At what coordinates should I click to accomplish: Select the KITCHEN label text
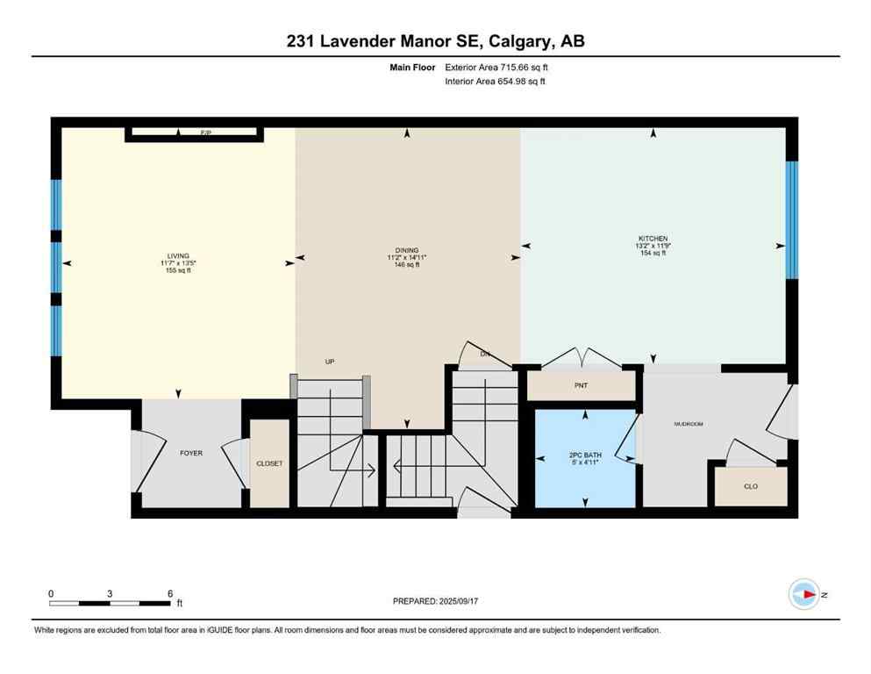[x=653, y=239]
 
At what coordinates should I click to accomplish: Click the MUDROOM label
[x=689, y=424]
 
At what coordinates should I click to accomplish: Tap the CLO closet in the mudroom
[x=750, y=485]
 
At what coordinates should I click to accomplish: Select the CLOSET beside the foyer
[x=269, y=463]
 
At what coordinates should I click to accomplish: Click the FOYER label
[x=190, y=454]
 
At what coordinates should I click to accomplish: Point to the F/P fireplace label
[x=206, y=133]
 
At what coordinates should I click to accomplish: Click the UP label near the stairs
[x=330, y=362]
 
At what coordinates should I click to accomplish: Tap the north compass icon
[x=804, y=594]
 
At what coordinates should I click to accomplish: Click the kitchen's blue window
[x=791, y=219]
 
